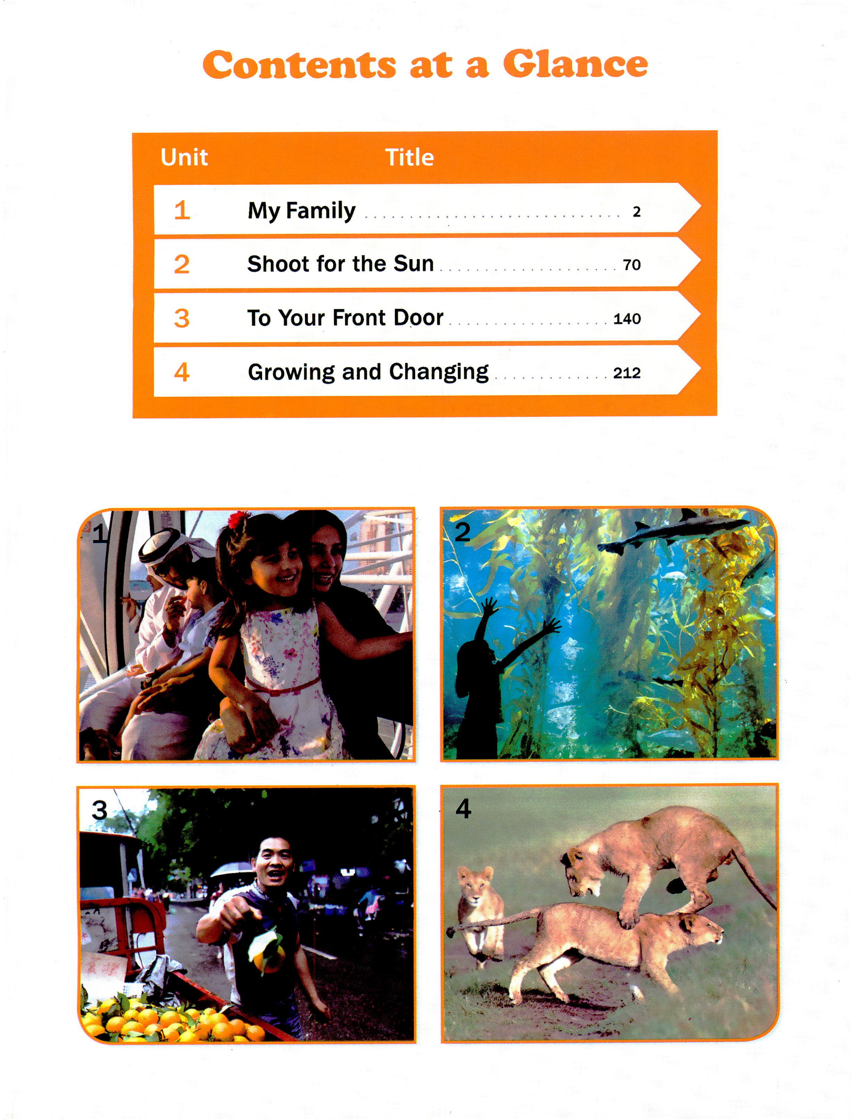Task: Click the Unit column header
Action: tap(184, 157)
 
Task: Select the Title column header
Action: tap(409, 157)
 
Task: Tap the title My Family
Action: tap(301, 211)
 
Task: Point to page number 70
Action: tap(632, 265)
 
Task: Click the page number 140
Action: tap(627, 319)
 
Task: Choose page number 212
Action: tap(627, 373)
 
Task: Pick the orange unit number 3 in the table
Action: tap(181, 319)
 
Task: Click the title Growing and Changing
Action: tap(368, 372)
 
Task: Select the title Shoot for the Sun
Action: tap(340, 264)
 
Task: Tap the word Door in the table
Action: tap(419, 318)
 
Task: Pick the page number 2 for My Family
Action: tap(636, 212)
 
